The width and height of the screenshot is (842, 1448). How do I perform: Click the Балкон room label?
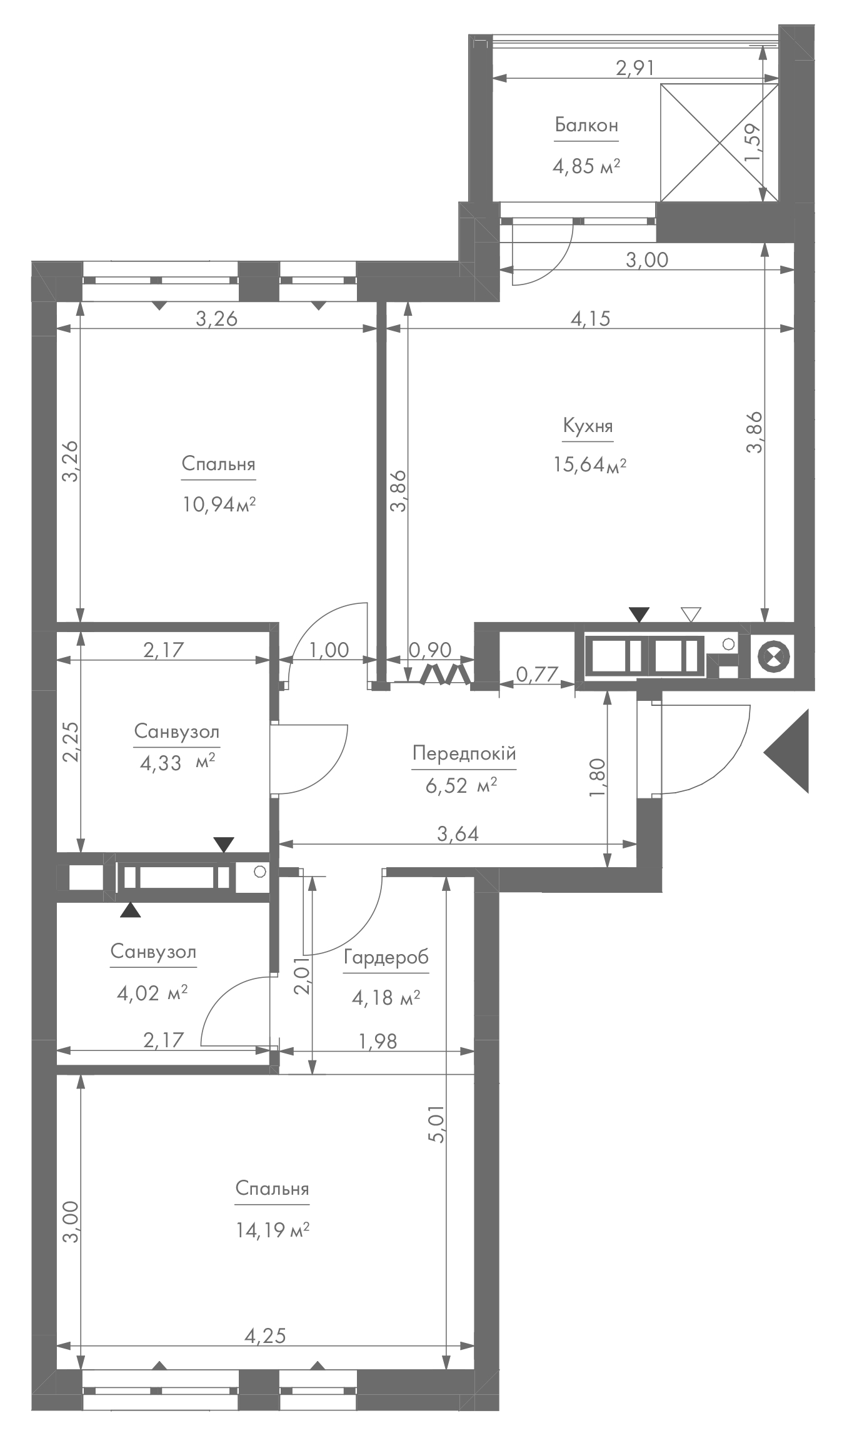[586, 126]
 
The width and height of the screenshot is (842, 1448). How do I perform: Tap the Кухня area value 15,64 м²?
[589, 465]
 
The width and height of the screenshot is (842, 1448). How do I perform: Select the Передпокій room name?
[464, 753]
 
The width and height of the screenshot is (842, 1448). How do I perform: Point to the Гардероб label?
[386, 957]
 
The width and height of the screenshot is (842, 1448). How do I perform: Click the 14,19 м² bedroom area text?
[273, 1230]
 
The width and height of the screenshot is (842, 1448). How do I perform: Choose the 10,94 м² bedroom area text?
[219, 504]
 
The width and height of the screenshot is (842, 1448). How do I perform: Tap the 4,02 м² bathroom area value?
[153, 992]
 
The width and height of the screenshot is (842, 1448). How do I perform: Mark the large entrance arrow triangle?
[786, 751]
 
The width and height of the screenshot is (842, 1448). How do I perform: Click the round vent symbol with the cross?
[774, 656]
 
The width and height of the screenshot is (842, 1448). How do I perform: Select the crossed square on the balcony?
[719, 143]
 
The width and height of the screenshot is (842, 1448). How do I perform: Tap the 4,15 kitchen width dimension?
[589, 319]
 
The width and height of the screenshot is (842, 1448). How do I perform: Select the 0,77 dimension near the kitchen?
[537, 673]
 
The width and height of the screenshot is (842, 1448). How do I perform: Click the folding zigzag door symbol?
[446, 674]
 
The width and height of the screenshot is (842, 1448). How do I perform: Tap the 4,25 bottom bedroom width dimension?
[265, 1337]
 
